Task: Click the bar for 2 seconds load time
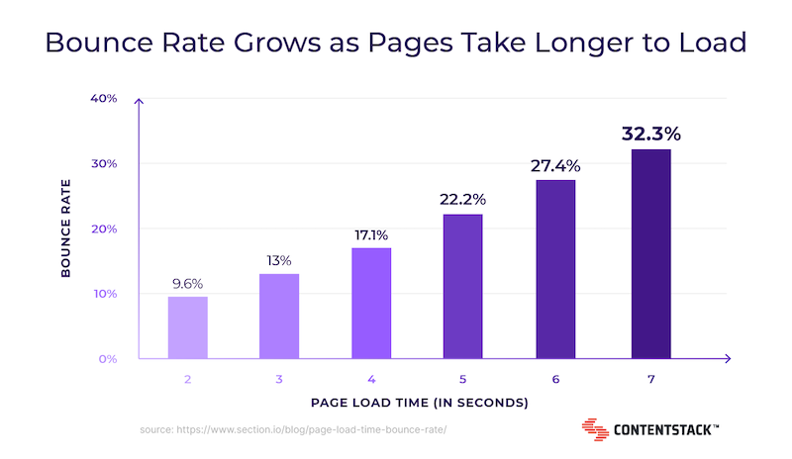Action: (x=188, y=327)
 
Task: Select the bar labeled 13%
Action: (x=279, y=317)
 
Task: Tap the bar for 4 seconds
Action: (x=371, y=304)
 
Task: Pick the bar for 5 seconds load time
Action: (x=462, y=286)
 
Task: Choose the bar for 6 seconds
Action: (x=555, y=269)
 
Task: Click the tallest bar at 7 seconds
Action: (x=651, y=254)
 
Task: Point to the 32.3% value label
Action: (x=651, y=134)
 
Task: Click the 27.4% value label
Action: (x=555, y=165)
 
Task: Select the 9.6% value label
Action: (x=187, y=284)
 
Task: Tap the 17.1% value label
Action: (x=371, y=235)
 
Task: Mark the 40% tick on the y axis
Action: (x=104, y=98)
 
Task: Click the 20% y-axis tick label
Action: (x=104, y=229)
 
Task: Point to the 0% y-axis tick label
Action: (x=108, y=359)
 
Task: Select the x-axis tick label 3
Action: (x=279, y=379)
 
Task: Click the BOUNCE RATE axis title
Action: (x=65, y=229)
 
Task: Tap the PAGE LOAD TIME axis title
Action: (x=419, y=403)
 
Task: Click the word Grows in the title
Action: (x=277, y=42)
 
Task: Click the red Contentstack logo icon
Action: (x=595, y=429)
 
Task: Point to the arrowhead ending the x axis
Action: (x=728, y=358)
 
